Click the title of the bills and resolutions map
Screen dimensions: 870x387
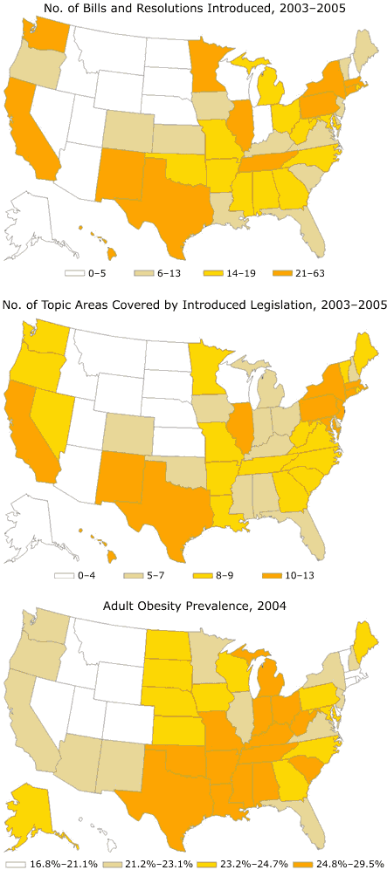click(193, 10)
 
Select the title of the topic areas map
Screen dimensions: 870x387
click(193, 305)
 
